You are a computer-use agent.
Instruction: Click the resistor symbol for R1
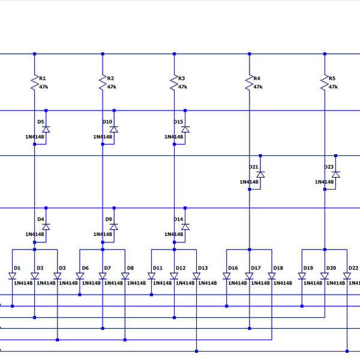pos(34,82)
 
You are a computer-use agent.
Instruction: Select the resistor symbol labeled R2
pos(103,82)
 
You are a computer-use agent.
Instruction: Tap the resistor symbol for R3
pos(174,82)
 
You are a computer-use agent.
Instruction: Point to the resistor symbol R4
pos(249,82)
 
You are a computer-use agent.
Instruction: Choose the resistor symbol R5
pos(325,82)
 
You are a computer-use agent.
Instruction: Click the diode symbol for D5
pos(46,129)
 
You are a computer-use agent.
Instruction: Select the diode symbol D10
pos(114,129)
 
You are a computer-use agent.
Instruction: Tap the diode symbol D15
pos(185,129)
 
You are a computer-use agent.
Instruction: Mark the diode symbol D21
pos(260,174)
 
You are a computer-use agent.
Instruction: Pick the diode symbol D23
pos(336,174)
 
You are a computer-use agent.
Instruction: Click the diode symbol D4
pos(46,227)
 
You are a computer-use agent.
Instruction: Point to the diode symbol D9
pos(114,227)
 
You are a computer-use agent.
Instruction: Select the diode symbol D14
pos(185,227)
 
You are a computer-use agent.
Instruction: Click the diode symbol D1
pos(12,276)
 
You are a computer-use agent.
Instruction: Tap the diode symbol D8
pos(125,276)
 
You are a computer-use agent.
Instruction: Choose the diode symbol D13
pos(197,276)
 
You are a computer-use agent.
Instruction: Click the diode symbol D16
pos(227,276)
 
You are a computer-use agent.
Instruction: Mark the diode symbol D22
pos(347,276)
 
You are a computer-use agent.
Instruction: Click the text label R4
pos(257,79)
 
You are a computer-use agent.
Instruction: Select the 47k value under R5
pos(333,86)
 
